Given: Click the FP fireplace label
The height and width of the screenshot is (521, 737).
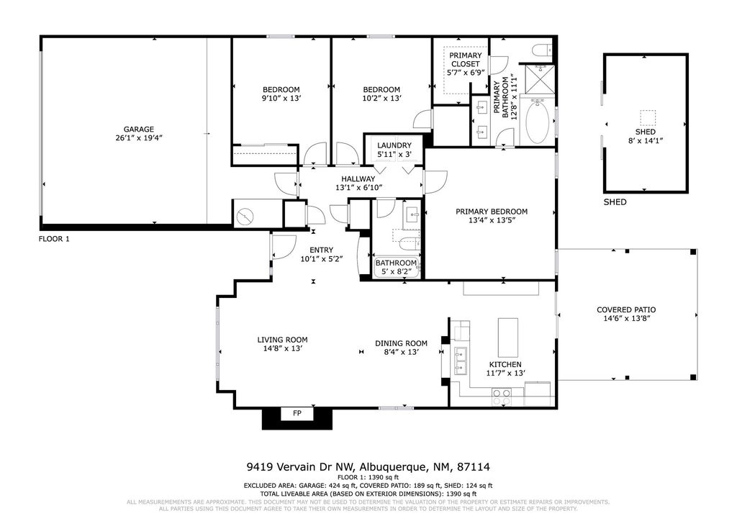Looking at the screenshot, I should (x=297, y=414).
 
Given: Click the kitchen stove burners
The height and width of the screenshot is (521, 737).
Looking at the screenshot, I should (x=501, y=396).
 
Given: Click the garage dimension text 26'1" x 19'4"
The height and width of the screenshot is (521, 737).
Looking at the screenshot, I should (x=138, y=139).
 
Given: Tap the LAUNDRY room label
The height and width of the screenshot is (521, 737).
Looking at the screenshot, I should (x=394, y=145).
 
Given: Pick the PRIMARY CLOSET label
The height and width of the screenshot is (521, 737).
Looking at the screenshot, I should (x=465, y=60).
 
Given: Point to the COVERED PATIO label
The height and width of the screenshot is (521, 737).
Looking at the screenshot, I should (x=626, y=310).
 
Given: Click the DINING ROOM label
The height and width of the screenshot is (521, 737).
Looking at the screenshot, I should (x=401, y=343).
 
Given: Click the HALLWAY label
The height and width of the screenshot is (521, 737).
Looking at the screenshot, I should (x=358, y=179).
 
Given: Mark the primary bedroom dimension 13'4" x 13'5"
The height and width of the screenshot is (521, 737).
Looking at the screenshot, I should (x=491, y=222).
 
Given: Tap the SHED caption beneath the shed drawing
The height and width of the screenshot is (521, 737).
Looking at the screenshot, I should (x=615, y=203).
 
